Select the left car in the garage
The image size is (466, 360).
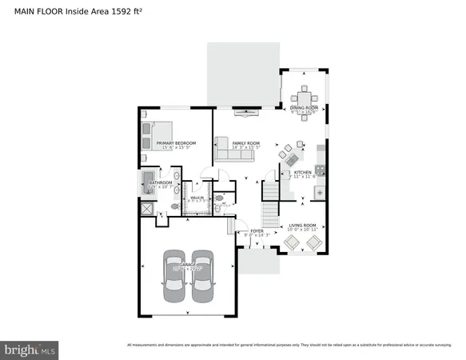pos(175,275)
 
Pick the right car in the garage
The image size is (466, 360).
pos(203,275)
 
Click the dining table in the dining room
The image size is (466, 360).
pos(304,94)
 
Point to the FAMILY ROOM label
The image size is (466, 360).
pos(245,143)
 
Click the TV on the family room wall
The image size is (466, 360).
pos(244,111)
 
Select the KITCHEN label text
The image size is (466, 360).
pos(302,172)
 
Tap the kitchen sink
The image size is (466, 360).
pos(320,191)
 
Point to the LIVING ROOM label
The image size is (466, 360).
pos(303,226)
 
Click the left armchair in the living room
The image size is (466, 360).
pos(293,242)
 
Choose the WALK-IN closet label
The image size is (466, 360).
pos(196,197)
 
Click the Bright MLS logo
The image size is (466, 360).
pos(30,349)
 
